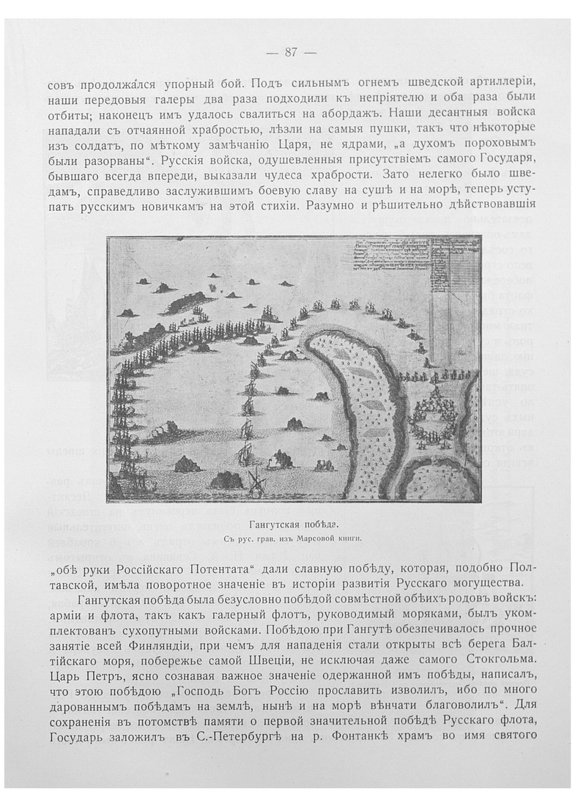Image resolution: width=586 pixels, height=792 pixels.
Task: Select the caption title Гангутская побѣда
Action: pos(291,524)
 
